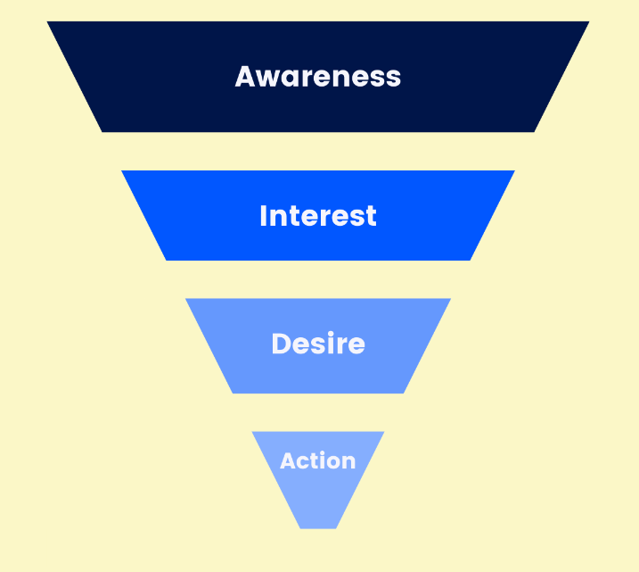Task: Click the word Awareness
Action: coord(318,77)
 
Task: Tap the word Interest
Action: coord(318,216)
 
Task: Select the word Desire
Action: coord(318,344)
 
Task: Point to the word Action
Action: coord(318,461)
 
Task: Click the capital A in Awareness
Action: coord(246,77)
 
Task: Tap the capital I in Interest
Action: coord(263,216)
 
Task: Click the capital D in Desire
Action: coord(280,344)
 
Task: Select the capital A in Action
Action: coord(288,461)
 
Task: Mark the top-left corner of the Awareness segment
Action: coord(49,23)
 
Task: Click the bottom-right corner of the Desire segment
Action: coord(403,392)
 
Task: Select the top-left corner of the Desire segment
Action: coord(187,300)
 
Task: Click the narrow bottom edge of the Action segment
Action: coord(318,527)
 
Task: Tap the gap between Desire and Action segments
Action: coord(318,412)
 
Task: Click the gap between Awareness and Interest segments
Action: coord(318,152)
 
